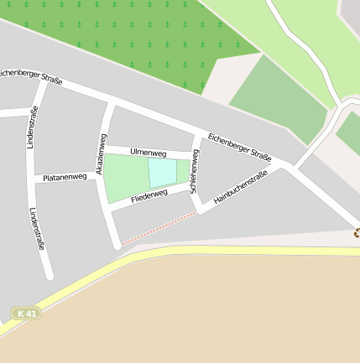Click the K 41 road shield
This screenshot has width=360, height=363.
pos(26,313)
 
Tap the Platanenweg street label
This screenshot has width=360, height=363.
pos(65,177)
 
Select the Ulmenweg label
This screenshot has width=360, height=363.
pos(149,153)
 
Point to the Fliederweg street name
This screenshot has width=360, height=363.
pos(149,194)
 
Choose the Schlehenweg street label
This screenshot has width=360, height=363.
pos(194,171)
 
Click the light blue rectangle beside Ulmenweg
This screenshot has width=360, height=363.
pos(163,173)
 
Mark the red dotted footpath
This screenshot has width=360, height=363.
pos(159,228)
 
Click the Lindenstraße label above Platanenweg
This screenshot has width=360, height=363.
pos(32,128)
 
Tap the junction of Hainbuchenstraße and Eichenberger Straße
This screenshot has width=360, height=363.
pos(287,168)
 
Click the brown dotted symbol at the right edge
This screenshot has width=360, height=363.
pos(356,234)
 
